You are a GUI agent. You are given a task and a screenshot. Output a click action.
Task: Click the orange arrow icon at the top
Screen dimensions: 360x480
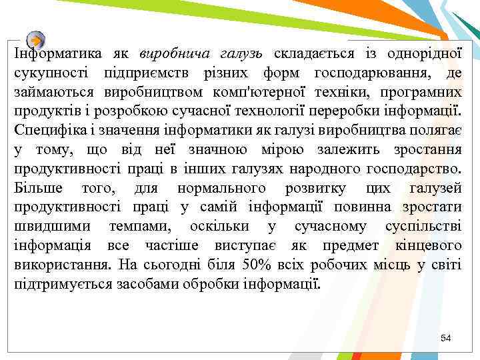coord(37,39)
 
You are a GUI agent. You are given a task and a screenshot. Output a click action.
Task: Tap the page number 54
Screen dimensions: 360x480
coord(446,339)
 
